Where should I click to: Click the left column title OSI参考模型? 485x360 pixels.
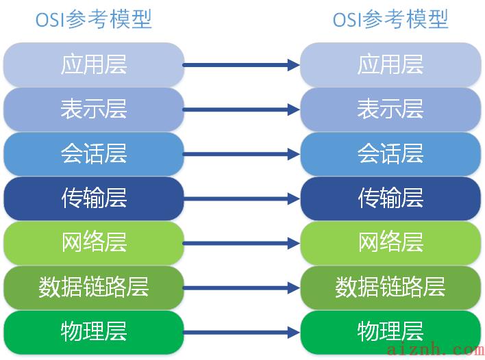(x=94, y=19)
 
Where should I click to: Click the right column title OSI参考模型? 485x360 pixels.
(x=390, y=19)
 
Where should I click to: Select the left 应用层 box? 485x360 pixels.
(x=94, y=65)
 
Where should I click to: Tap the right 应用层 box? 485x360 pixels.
(x=390, y=65)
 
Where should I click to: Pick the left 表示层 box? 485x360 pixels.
(x=94, y=110)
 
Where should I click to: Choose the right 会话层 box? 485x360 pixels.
(x=390, y=154)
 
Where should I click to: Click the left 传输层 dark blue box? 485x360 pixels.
(x=94, y=198)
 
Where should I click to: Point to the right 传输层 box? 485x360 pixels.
(x=390, y=198)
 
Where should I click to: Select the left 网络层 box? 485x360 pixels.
(x=94, y=243)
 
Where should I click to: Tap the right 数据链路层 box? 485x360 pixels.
(x=390, y=287)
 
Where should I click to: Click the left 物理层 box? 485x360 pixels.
(x=94, y=332)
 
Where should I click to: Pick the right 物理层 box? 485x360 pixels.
(x=390, y=332)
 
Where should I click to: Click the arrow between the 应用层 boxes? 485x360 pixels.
(x=241, y=65)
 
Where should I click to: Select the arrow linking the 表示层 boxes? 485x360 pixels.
(x=241, y=110)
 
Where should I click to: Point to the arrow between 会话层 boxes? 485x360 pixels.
(x=241, y=154)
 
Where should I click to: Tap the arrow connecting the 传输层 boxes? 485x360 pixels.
(x=241, y=198)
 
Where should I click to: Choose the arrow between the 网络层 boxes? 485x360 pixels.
(x=241, y=243)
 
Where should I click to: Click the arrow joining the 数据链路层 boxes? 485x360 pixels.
(x=241, y=287)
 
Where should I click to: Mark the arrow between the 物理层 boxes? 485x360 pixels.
(x=241, y=333)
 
